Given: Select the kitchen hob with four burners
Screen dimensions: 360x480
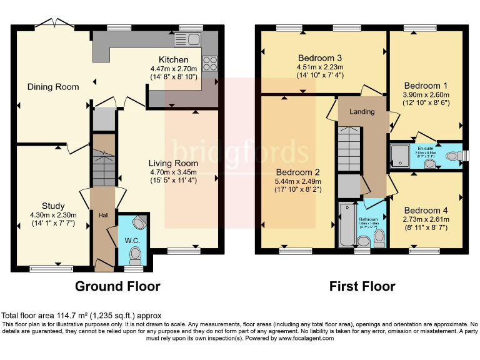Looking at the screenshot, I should pos(209,63).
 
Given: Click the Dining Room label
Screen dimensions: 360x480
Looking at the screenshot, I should pos(53,87).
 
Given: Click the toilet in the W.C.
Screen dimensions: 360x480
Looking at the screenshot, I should pos(134,254).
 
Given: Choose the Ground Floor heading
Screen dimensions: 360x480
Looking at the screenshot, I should pos(117,287).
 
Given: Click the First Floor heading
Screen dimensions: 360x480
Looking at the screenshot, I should pos(362,287).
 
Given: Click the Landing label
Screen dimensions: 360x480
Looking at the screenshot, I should pos(362,112).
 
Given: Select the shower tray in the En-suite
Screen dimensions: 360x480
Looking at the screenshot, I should pos(399,156).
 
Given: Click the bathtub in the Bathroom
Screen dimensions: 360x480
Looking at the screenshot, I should pos(344,225).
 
